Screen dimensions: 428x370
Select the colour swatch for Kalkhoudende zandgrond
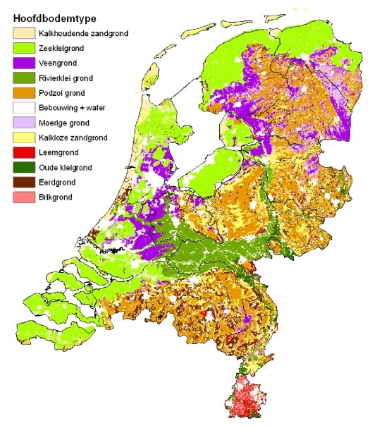25,33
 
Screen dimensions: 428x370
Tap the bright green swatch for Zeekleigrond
25,49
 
